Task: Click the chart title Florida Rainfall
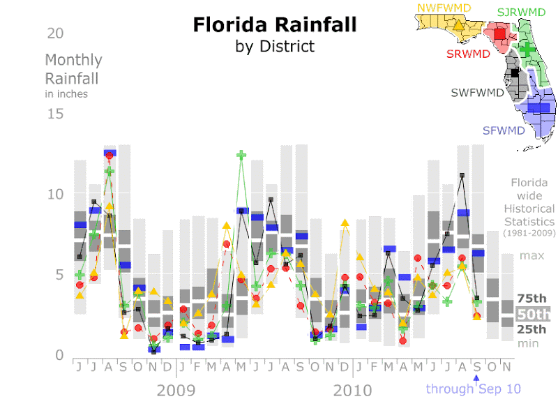pos(275,25)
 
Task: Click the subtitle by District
pos(275,47)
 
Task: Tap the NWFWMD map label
pos(443,8)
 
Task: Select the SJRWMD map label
pos(521,12)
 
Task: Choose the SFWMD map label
pos(503,130)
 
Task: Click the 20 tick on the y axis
pos(56,33)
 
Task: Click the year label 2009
pos(175,389)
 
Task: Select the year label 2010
pos(352,389)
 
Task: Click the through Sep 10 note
pos(473,389)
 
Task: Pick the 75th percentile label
pos(532,299)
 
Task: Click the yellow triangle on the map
pos(458,27)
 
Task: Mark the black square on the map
pos(515,72)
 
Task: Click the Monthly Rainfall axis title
pos(73,69)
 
